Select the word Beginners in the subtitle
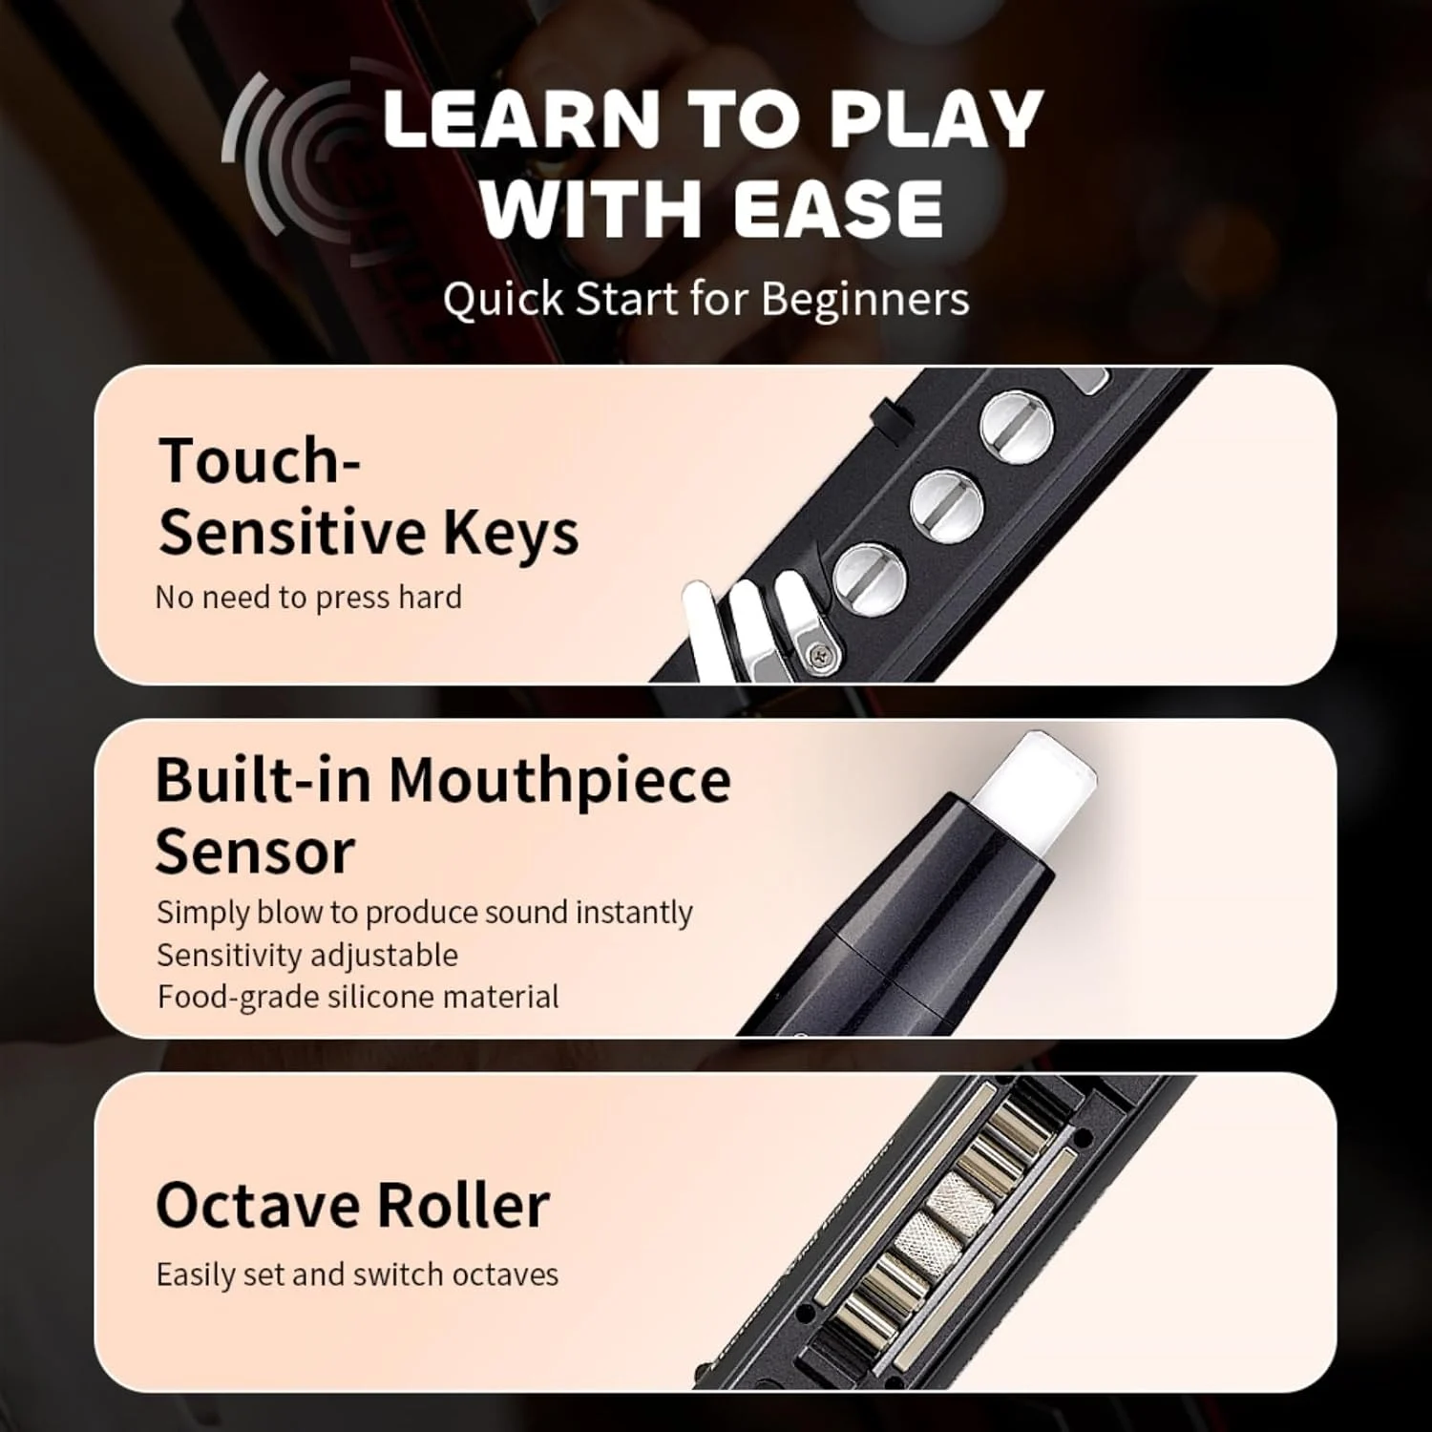(865, 299)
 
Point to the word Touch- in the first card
(259, 461)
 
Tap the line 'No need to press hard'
(308, 598)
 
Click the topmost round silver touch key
(1017, 427)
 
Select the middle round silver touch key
(946, 504)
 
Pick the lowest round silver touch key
(870, 579)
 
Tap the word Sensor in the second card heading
(255, 852)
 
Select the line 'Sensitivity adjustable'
(307, 955)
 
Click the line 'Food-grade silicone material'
(358, 997)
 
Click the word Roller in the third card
(463, 1205)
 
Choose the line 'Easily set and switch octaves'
(357, 1274)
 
